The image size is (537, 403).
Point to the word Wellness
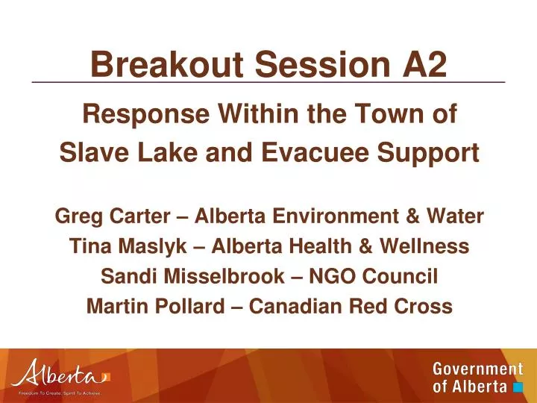coord(423,246)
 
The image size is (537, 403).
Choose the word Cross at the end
coord(424,306)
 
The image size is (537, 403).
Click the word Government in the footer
coord(477,369)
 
